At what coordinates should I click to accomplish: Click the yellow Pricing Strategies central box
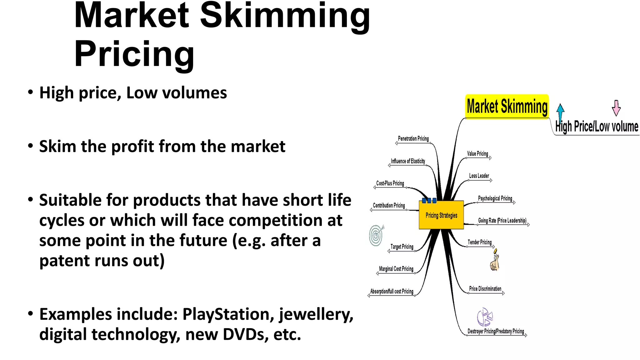[x=441, y=215]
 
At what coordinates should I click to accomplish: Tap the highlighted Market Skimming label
[x=507, y=107]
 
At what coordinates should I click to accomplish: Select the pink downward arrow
[x=616, y=108]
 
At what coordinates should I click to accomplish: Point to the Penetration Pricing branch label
[x=413, y=138]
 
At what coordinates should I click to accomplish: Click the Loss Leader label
[x=479, y=176]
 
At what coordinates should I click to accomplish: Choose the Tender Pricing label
[x=479, y=242]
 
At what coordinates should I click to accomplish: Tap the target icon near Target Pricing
[x=376, y=235]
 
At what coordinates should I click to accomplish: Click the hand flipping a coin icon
[x=495, y=260]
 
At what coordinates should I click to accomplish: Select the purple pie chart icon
[x=484, y=317]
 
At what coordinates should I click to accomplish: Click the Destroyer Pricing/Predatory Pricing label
[x=496, y=331]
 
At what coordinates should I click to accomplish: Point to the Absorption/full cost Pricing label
[x=392, y=291]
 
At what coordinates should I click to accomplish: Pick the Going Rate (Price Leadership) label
[x=502, y=220]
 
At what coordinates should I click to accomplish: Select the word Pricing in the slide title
[x=134, y=54]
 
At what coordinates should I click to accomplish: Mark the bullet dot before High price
[x=30, y=92]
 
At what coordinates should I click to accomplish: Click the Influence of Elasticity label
[x=408, y=161]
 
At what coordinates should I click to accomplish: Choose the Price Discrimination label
[x=485, y=289]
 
